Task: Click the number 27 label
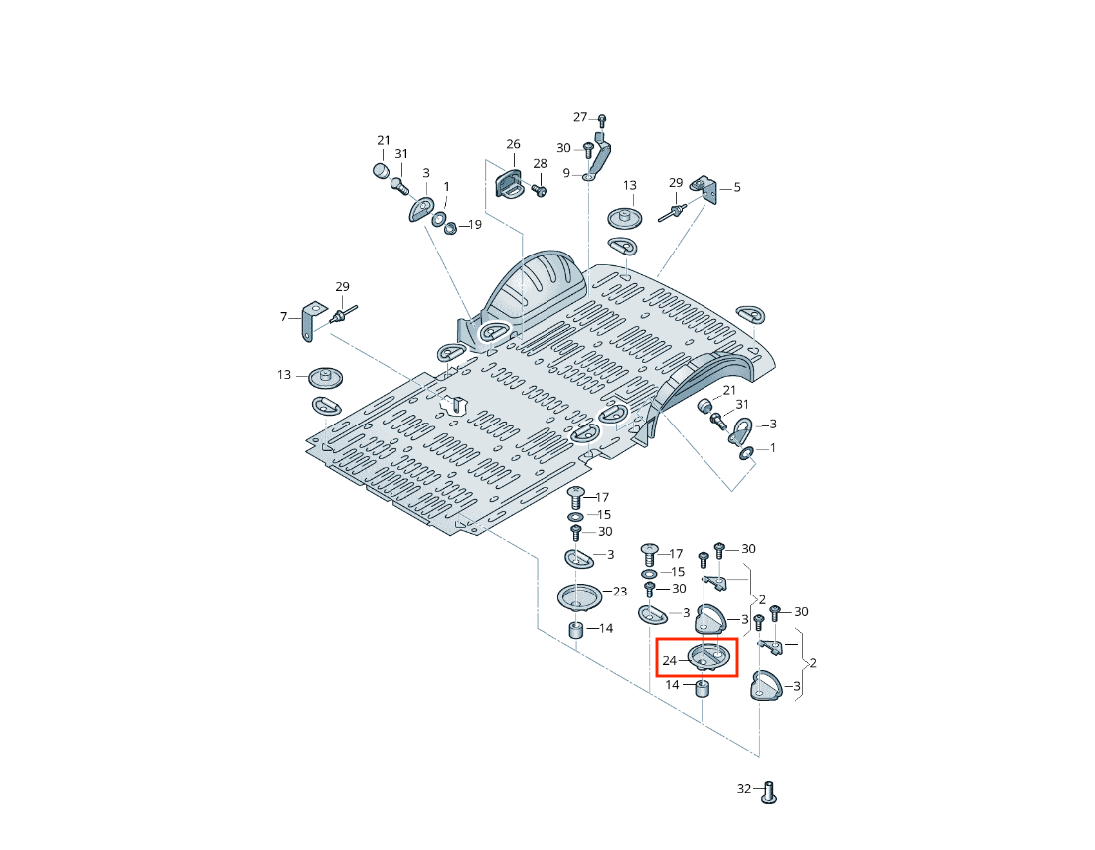click(580, 117)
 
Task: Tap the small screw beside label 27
click(602, 121)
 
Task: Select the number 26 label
click(514, 144)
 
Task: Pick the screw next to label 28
click(539, 189)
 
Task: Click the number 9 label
click(566, 173)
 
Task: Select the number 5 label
click(737, 187)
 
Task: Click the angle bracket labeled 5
click(705, 189)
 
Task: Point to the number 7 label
click(283, 317)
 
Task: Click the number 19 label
click(475, 225)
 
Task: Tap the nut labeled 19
click(450, 228)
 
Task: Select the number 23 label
click(620, 591)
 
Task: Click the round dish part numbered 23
click(579, 598)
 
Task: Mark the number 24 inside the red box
click(669, 660)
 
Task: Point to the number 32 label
click(744, 788)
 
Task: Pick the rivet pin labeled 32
click(768, 792)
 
